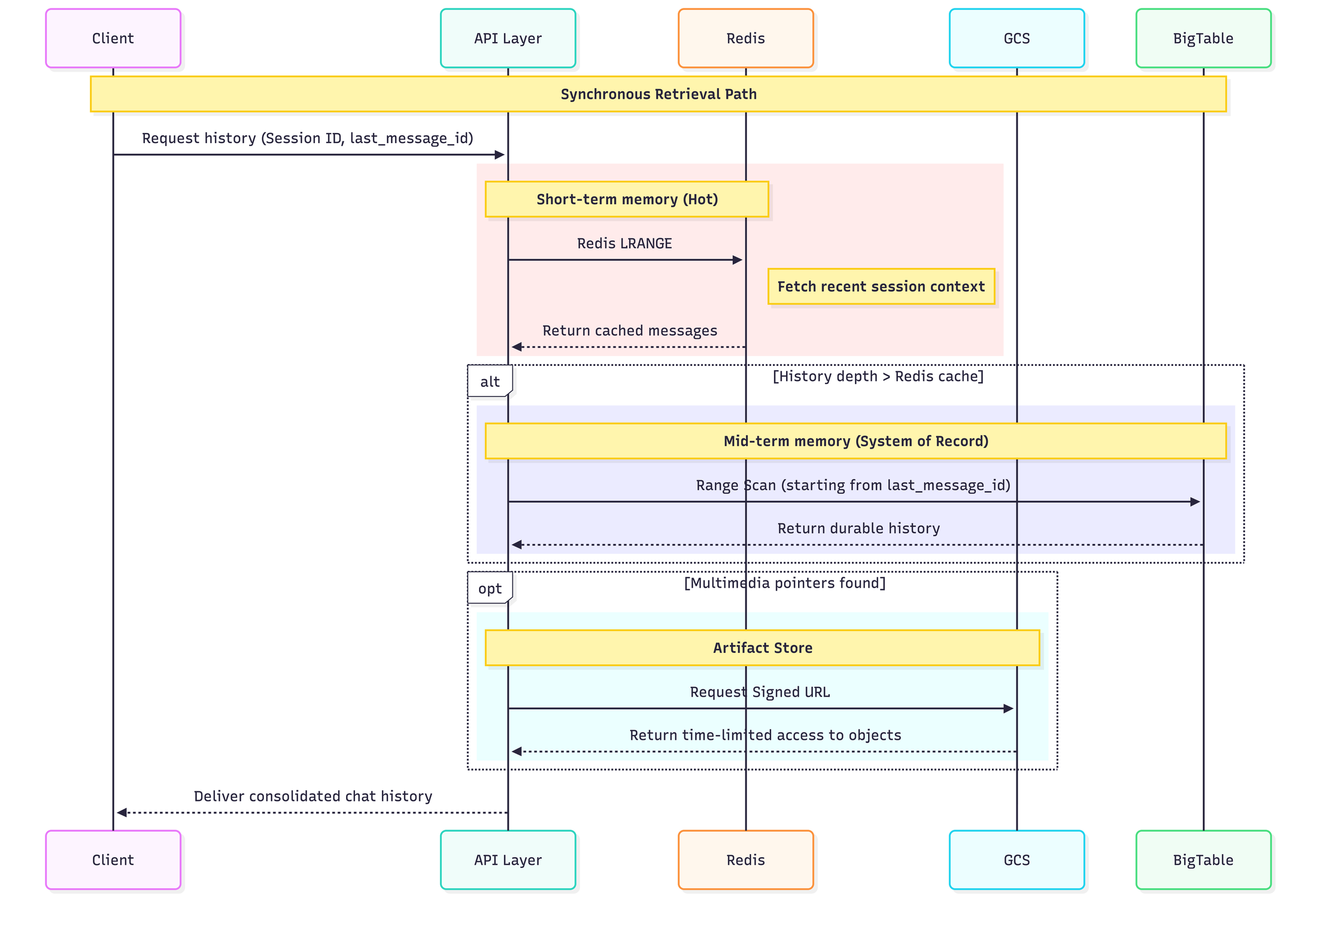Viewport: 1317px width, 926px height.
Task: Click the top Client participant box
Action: (113, 38)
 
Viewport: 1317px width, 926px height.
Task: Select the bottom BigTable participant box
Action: (1203, 860)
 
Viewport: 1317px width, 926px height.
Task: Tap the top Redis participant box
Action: (745, 38)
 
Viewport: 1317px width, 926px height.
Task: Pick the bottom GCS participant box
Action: (1016, 860)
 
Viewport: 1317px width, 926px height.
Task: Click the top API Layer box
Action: (508, 38)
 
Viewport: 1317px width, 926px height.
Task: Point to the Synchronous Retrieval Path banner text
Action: (658, 94)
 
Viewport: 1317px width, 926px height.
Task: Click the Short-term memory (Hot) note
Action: (627, 199)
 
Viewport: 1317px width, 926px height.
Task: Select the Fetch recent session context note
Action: (881, 287)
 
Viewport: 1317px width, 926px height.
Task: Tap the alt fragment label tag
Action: (490, 382)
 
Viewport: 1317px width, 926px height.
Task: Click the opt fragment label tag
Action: (490, 588)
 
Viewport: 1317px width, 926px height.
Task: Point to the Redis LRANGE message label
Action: (624, 243)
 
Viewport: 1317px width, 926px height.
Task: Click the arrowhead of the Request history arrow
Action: (500, 155)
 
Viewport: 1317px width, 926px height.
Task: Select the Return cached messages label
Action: (629, 331)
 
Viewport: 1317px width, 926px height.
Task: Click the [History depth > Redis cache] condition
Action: (878, 376)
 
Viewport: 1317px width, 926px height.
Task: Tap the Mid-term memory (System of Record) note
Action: (855, 441)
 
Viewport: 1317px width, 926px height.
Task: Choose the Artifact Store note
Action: (762, 648)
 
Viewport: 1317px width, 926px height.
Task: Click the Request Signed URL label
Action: (760, 692)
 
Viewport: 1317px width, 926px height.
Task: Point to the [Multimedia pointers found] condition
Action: (784, 583)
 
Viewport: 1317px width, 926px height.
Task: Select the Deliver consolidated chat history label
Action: (312, 796)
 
